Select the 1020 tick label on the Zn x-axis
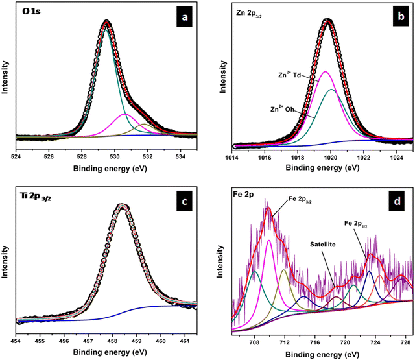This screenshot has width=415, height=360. click(x=331, y=156)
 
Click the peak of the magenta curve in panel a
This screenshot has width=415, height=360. click(x=124, y=114)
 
